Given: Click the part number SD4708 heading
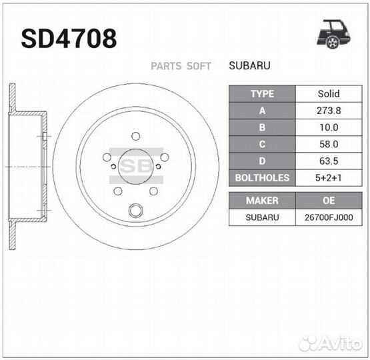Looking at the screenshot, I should [69, 39].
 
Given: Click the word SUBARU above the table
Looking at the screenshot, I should [249, 66].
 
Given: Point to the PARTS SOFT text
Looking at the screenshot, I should [181, 66].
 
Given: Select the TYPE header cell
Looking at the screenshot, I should [262, 94].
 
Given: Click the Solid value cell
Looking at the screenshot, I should [328, 94].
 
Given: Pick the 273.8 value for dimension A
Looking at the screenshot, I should [328, 111].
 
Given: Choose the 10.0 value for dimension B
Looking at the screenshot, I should [328, 127].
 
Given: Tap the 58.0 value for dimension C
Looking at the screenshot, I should [328, 144].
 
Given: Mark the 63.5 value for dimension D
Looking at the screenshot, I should [328, 161].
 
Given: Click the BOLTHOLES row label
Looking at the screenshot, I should [262, 177].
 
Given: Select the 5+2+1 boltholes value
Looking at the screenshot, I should [328, 177].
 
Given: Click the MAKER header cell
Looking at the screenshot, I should [262, 200].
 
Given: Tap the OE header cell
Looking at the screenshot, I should [328, 200].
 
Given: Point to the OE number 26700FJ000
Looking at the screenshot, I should [328, 217].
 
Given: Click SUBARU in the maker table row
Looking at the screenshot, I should [262, 217].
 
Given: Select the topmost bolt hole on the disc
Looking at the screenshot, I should [136, 136].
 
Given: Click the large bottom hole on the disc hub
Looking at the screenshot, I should [136, 211].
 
